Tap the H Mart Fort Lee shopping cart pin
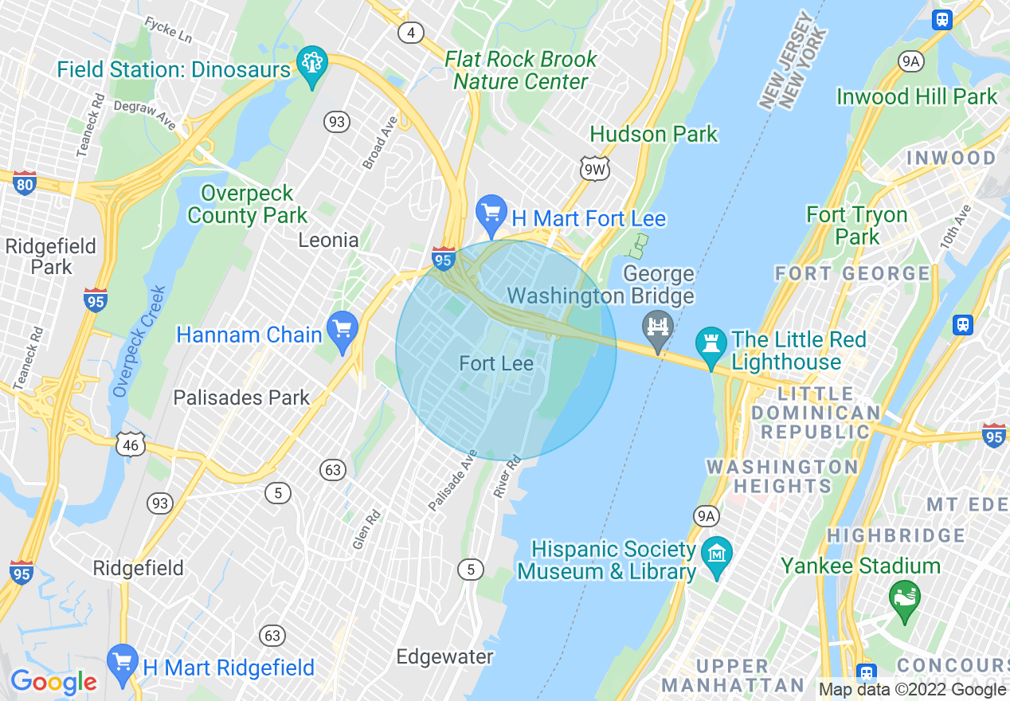tap(491, 213)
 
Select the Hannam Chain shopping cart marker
tap(343, 330)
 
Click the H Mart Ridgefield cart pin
tap(122, 663)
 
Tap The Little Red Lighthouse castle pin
tap(708, 343)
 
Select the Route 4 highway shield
tap(411, 32)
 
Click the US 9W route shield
tap(593, 168)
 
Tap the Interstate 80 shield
tap(25, 183)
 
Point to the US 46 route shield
tap(131, 444)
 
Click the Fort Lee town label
tap(496, 364)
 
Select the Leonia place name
tap(328, 240)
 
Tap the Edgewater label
tap(445, 657)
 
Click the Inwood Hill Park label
tap(916, 97)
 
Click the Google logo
tap(53, 683)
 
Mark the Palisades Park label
tap(241, 397)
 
